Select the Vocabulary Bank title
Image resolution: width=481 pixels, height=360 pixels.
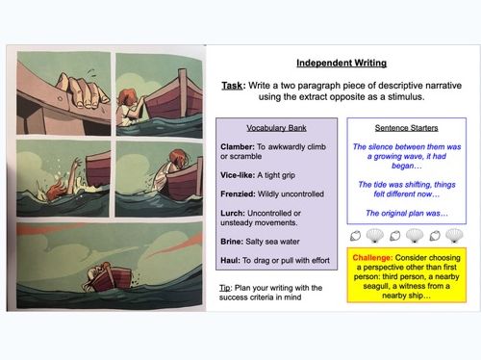(276, 128)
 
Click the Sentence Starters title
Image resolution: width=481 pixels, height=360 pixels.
(404, 128)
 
